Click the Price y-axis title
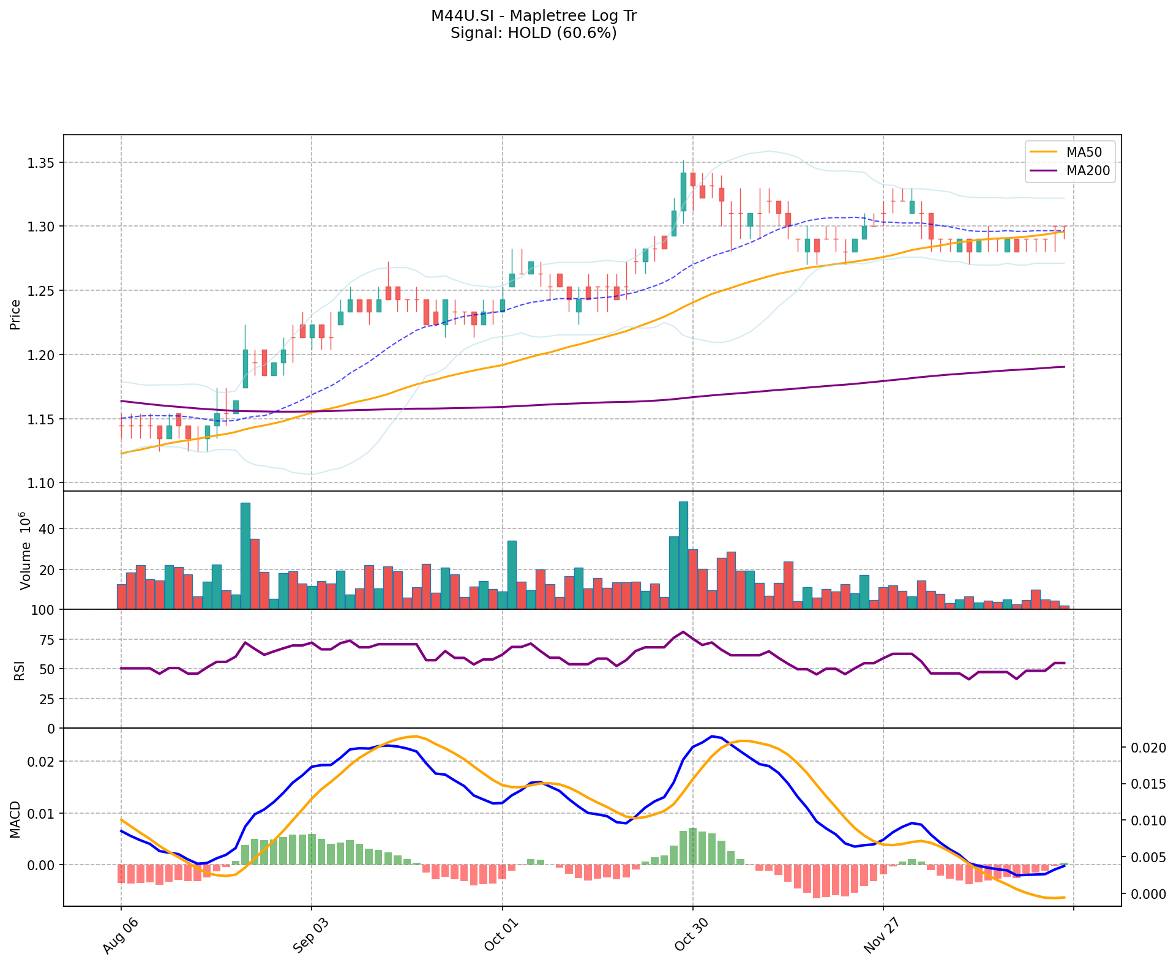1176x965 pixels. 16,314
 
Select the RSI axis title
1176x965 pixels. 20,670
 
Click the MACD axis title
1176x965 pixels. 16,819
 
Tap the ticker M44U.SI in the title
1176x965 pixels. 460,16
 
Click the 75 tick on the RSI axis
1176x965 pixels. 47,640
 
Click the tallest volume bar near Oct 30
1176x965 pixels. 683,555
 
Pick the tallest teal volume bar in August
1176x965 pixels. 245,555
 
